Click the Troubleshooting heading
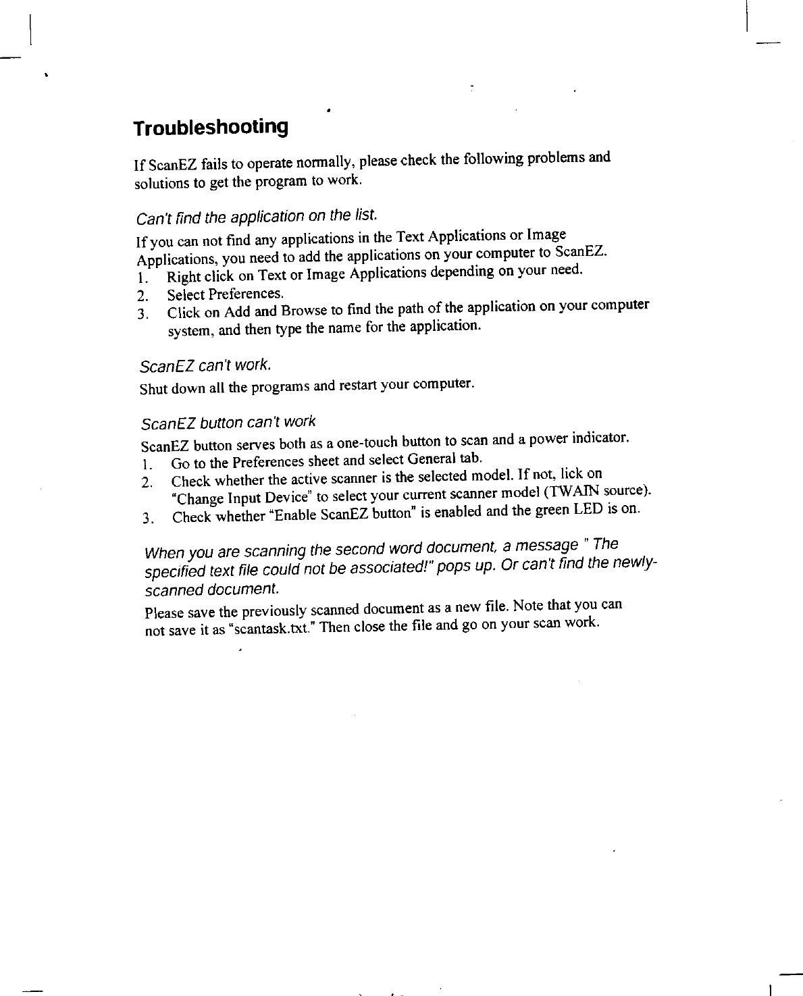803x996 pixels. (211, 127)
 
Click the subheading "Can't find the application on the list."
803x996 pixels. (255, 217)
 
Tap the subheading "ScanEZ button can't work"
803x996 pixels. (228, 423)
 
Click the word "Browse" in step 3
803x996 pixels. (305, 311)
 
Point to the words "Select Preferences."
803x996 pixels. (226, 294)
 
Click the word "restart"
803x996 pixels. (357, 386)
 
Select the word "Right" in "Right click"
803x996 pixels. (182, 276)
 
